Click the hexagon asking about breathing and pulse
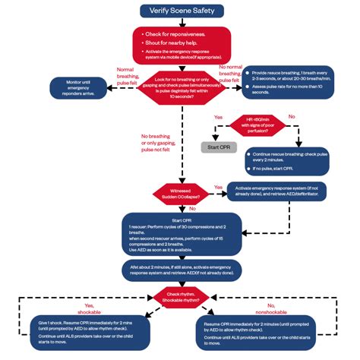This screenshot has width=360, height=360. pyautogui.click(x=178, y=89)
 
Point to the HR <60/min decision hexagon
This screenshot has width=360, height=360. pyautogui.click(x=264, y=125)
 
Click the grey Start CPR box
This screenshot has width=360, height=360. pyautogui.click(x=218, y=146)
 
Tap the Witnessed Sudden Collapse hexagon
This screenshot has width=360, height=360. pyautogui.click(x=180, y=192)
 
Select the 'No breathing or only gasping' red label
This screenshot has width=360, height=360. pyautogui.click(x=159, y=143)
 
